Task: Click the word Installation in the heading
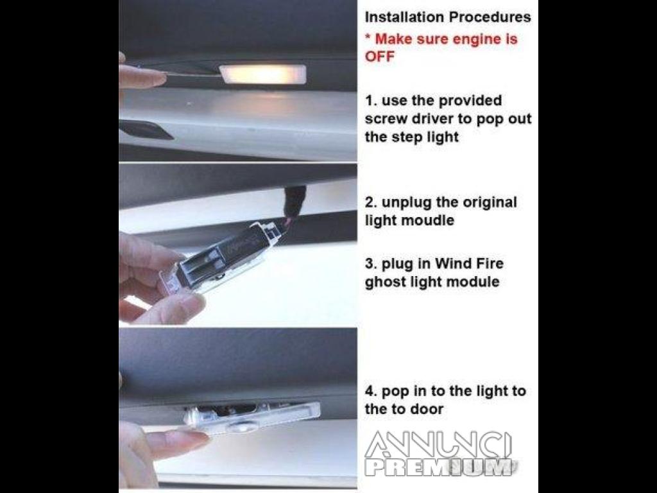pos(404,17)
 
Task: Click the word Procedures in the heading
pos(490,17)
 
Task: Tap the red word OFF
pos(380,56)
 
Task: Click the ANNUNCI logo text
pos(438,444)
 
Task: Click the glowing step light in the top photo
pos(262,74)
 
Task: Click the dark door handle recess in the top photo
pos(145,130)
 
